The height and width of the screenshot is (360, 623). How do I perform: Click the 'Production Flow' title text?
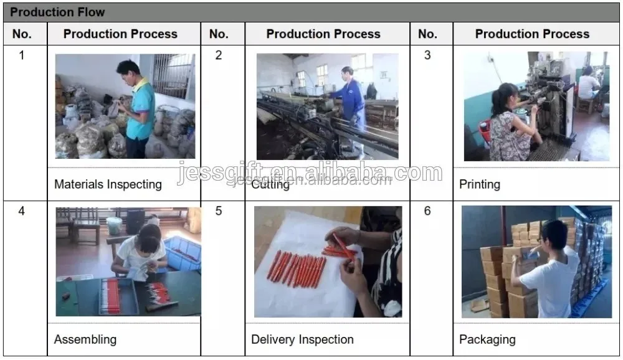click(x=57, y=12)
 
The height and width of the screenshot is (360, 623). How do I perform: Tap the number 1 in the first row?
click(x=22, y=55)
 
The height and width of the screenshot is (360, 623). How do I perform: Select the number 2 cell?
click(x=219, y=55)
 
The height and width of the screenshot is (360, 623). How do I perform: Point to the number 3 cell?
click(x=427, y=55)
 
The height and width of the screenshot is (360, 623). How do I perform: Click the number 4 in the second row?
click(x=21, y=211)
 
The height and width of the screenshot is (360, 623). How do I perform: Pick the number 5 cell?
click(x=219, y=211)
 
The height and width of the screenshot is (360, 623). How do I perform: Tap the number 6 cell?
click(x=427, y=211)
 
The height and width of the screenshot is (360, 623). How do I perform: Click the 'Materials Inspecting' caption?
click(x=108, y=184)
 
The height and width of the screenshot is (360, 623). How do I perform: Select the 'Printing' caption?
click(x=480, y=184)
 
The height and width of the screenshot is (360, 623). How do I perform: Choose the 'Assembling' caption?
click(x=85, y=339)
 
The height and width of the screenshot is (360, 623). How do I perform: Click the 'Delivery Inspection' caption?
click(x=302, y=339)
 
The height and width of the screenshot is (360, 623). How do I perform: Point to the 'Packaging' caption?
click(x=488, y=339)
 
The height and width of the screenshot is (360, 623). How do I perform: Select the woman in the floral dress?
click(x=513, y=123)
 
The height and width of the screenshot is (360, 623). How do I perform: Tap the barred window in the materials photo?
click(x=173, y=75)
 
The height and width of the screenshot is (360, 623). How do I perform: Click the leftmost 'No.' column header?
click(x=22, y=34)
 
